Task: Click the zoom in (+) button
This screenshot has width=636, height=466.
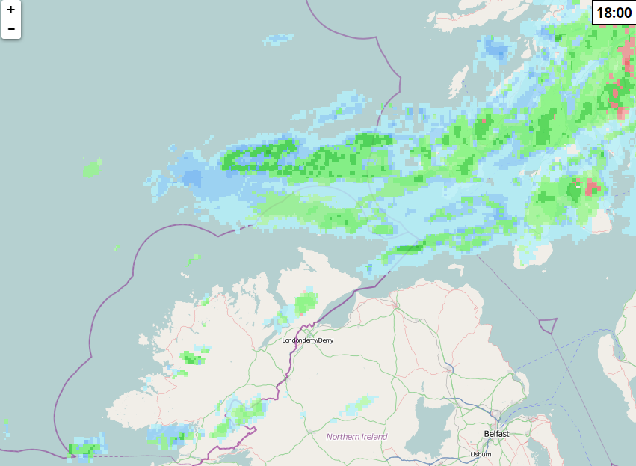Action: click(x=11, y=10)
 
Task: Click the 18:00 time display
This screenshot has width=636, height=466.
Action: click(x=614, y=13)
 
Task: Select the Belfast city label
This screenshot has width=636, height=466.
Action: click(x=496, y=434)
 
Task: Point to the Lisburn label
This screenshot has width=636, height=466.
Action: click(x=481, y=454)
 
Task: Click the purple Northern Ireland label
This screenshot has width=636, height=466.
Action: click(x=356, y=436)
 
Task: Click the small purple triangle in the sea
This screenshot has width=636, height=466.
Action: click(x=548, y=326)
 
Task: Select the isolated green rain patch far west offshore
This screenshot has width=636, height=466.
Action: click(x=92, y=168)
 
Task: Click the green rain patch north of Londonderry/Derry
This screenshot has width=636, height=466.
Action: click(x=305, y=303)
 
